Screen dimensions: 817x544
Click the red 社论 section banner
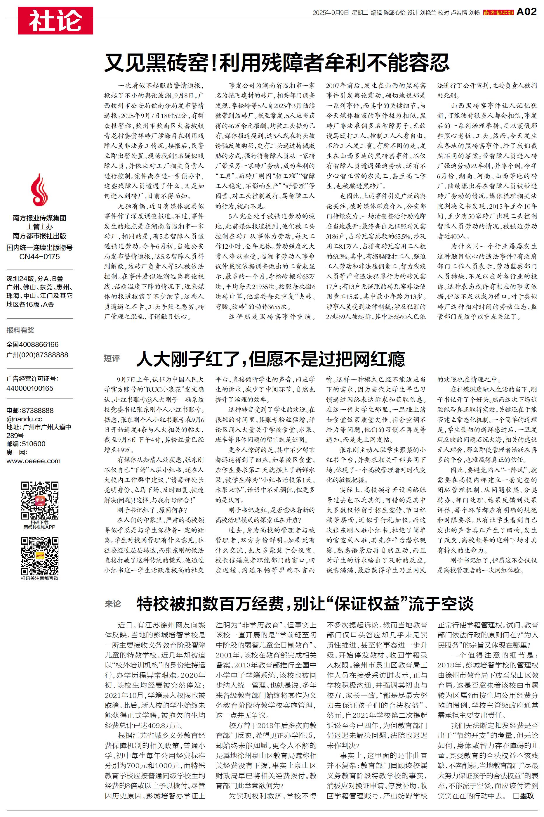click(55, 20)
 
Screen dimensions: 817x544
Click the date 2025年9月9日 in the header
click(330, 13)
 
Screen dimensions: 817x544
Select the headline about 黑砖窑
click(277, 63)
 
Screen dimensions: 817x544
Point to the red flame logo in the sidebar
click(39, 190)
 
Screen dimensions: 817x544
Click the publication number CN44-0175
click(39, 257)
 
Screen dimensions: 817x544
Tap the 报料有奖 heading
click(20, 330)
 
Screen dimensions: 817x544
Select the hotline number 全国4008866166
click(33, 345)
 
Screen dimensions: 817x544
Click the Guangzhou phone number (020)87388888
click(37, 355)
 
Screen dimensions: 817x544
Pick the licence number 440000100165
click(30, 388)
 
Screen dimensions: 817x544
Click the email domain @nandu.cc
click(24, 419)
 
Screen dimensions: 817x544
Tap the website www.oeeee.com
click(33, 461)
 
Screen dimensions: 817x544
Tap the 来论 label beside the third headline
click(113, 604)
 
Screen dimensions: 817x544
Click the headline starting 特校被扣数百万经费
click(305, 604)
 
